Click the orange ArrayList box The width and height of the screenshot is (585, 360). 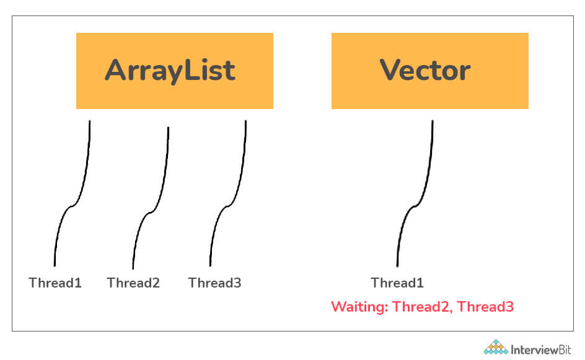pos(175,71)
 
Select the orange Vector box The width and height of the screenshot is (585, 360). pos(430,71)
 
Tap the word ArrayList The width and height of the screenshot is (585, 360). pos(170,70)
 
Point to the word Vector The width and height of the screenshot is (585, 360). pos(425,70)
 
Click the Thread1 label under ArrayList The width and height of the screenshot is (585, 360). pos(55,283)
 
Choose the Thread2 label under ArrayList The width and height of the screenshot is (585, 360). pos(133,283)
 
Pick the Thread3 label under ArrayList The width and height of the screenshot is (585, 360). pos(214,283)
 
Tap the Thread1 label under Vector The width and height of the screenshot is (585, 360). pos(397,283)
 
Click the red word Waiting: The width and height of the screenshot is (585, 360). pos(359,307)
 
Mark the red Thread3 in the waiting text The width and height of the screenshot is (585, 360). pos(485,307)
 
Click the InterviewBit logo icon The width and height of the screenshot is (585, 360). pos(496,347)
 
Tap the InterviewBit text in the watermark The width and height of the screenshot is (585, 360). pos(540,350)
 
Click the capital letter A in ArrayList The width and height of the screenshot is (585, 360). pos(117,70)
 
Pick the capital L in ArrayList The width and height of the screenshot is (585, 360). pos(191,70)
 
